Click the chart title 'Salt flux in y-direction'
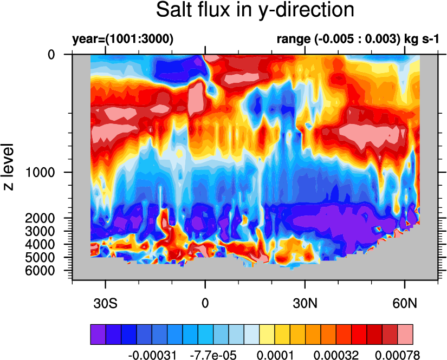255,10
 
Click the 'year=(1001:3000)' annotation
123,39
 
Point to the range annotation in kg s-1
358,39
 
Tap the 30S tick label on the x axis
105,303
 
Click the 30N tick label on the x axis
305,303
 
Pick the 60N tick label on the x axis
405,303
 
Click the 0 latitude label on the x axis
205,303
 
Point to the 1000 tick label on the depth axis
40,172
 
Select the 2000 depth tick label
40,218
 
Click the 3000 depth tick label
40,231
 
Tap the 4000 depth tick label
40,244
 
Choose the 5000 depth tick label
40,257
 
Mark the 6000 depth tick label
40,270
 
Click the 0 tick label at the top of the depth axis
51,54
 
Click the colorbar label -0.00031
152,355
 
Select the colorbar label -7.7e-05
213,355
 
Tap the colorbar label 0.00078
397,355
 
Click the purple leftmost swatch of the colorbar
98,335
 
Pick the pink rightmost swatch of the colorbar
405,335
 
